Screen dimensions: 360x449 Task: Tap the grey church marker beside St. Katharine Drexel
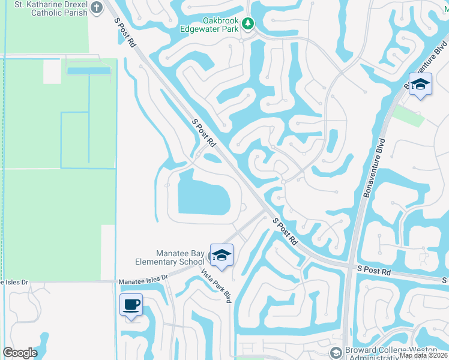[92, 8]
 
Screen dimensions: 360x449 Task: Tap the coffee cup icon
[131, 305]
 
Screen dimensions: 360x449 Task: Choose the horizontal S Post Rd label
[373, 272]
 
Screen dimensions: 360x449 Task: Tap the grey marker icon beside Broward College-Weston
[336, 352]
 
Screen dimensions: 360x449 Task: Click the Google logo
[20, 353]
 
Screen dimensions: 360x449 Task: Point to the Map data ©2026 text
[423, 355]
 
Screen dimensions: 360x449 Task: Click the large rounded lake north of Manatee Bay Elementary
[203, 193]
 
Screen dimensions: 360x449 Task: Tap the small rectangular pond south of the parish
[88, 70]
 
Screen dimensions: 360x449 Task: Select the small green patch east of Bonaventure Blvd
[409, 115]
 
